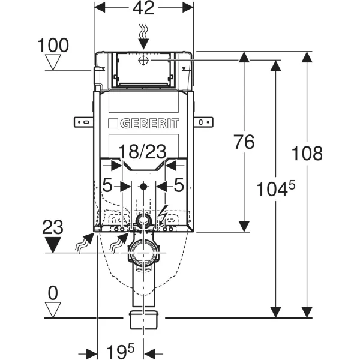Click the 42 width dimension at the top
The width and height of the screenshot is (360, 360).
pos(143,8)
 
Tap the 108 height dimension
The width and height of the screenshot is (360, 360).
pos(310,153)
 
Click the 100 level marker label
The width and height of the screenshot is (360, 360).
pos(53,44)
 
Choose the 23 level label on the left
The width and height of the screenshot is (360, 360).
pos(53,227)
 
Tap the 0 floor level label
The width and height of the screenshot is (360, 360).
pos(53,293)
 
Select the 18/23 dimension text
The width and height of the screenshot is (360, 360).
pos(142,152)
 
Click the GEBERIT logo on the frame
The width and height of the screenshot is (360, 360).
pos(143,124)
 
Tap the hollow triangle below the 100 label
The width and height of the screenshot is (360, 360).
pos(54,62)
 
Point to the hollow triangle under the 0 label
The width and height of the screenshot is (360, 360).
pos(54,309)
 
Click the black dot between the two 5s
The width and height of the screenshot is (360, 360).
pos(143,187)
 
